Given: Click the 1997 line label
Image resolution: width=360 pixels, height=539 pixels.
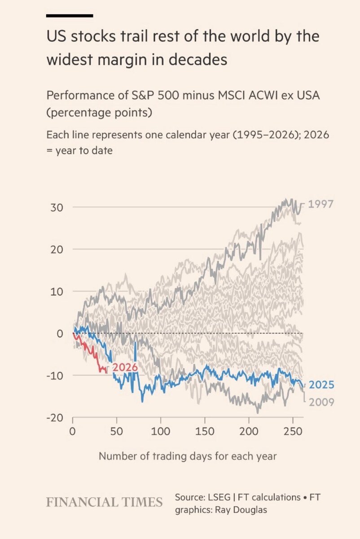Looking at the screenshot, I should [x=320, y=204].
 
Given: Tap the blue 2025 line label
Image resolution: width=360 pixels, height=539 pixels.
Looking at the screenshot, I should [x=321, y=385].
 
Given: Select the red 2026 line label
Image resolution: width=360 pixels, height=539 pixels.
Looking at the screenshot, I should [x=124, y=367].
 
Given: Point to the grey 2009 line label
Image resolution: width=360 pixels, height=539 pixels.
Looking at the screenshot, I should [x=321, y=402].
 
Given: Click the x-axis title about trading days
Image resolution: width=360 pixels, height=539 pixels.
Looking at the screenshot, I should [x=188, y=456].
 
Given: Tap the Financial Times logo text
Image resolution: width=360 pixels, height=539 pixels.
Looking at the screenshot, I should [x=104, y=502].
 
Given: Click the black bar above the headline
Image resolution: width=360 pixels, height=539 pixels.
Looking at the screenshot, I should [x=70, y=16].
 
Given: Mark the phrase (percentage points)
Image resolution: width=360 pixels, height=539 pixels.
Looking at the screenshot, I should [x=99, y=112].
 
